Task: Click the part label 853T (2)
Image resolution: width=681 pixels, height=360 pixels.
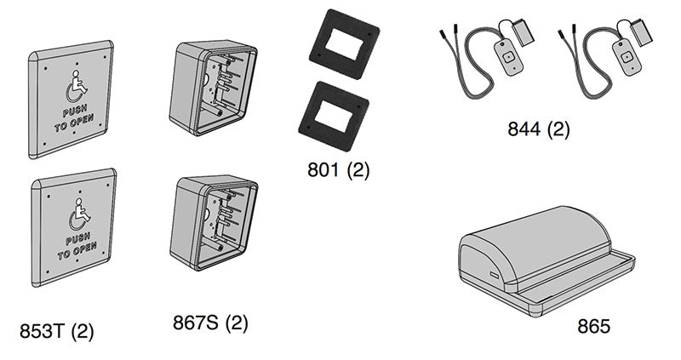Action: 56,331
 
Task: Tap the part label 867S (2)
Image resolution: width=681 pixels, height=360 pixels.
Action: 210,323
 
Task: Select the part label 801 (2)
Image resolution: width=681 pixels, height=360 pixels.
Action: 338,170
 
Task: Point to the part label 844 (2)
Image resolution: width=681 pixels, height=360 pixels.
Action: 538,129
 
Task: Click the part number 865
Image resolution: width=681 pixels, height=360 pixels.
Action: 593,325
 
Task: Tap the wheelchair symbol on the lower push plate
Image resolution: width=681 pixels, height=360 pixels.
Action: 79,216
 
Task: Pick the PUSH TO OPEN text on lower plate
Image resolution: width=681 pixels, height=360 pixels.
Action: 78,249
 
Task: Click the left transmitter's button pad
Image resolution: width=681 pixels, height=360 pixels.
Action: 508,56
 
